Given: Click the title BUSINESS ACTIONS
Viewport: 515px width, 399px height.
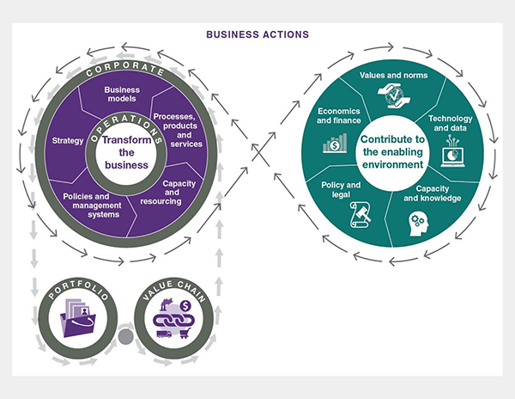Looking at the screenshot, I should coord(257,35).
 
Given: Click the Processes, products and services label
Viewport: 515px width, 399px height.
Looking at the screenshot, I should coord(177,130).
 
